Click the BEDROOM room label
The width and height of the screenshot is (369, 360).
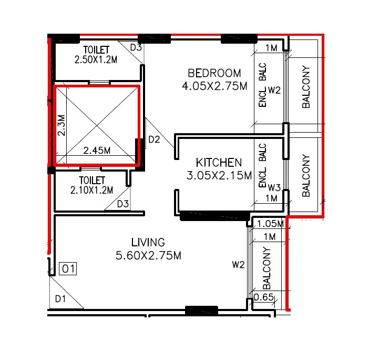[x=214, y=73]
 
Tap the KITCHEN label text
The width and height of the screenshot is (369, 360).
[x=219, y=162]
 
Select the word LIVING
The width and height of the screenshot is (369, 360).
[x=148, y=243]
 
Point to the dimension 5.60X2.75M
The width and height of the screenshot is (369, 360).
[x=148, y=256]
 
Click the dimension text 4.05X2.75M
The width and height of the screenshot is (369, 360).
[x=214, y=86]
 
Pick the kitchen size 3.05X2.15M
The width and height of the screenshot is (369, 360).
[x=219, y=176]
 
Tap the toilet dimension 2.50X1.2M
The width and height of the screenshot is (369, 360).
[x=96, y=59]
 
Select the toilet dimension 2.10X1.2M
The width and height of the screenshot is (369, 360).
[x=91, y=190]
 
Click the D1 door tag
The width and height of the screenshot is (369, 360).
[x=61, y=299]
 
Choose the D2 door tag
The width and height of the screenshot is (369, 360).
[x=154, y=139]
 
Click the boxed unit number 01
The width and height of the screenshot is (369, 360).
[x=68, y=269]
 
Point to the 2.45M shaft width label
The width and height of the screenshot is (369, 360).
[x=97, y=151]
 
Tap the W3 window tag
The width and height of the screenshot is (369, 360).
[x=274, y=187]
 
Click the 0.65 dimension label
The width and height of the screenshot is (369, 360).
[x=263, y=298]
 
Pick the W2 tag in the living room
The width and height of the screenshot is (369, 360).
[x=239, y=265]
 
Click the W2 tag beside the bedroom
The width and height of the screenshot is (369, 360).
[x=274, y=91]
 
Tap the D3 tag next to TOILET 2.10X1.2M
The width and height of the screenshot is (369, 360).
[x=123, y=204]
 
